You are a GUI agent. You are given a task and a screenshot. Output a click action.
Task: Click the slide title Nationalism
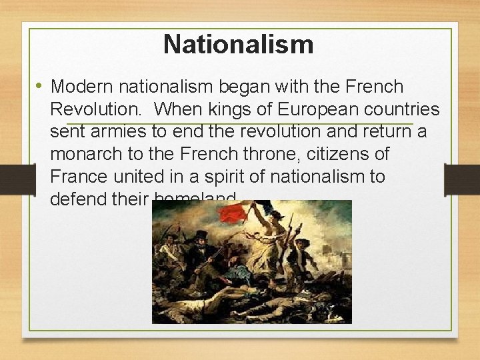pos(238,45)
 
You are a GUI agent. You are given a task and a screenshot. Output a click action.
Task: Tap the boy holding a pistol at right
pos(301,257)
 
